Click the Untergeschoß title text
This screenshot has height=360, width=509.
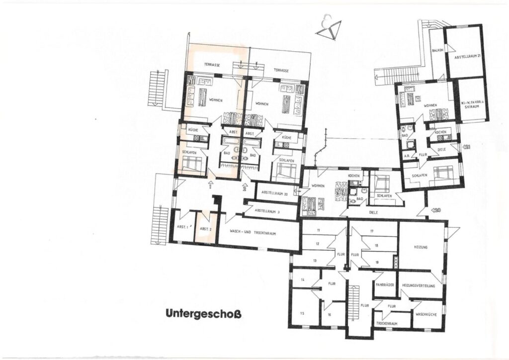click(x=203, y=314)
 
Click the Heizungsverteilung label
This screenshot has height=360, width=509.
click(x=419, y=285)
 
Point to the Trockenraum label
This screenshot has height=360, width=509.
click(x=387, y=323)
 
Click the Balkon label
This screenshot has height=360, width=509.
click(x=437, y=50)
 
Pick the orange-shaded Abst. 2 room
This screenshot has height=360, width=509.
click(x=205, y=228)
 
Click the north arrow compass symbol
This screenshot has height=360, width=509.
click(x=329, y=31)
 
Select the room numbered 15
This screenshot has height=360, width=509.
click(x=302, y=313)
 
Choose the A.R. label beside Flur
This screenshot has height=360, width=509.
click(x=406, y=156)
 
